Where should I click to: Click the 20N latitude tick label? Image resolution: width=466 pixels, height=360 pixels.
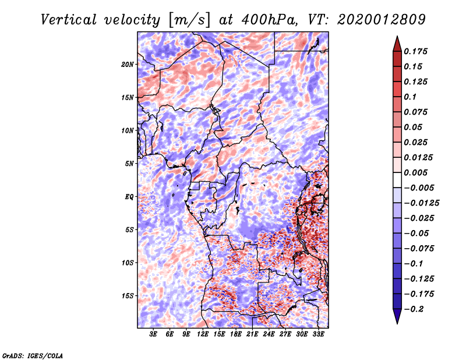(128, 64)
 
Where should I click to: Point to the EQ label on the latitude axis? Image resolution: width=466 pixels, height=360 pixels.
(129, 196)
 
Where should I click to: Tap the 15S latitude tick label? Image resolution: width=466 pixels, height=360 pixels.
(128, 295)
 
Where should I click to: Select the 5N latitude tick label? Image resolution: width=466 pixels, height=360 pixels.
(129, 163)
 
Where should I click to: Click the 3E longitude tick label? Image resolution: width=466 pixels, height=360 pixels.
(153, 334)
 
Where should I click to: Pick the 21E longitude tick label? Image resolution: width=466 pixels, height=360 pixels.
(252, 334)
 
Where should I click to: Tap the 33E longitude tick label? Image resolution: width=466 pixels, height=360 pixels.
(318, 334)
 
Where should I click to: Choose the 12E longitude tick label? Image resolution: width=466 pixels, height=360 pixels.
(203, 334)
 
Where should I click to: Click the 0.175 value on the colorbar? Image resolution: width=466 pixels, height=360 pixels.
(418, 51)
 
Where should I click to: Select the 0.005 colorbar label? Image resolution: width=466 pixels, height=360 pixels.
(418, 172)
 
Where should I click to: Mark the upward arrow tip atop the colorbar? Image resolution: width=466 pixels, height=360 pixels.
(396, 38)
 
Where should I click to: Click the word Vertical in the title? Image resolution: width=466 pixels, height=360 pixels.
(69, 19)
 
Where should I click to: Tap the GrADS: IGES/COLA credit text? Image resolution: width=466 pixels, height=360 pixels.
(33, 355)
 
